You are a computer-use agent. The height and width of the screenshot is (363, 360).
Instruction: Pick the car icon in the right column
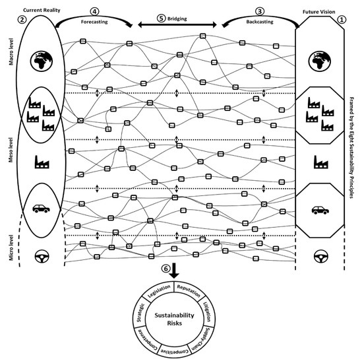point(320,210)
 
